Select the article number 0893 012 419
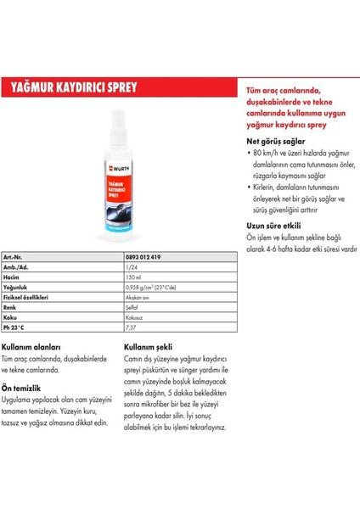click(144, 255)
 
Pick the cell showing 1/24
click(129, 266)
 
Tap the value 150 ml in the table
click(133, 277)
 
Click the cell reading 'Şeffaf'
click(132, 307)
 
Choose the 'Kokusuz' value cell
click(135, 318)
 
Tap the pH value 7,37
click(131, 328)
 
